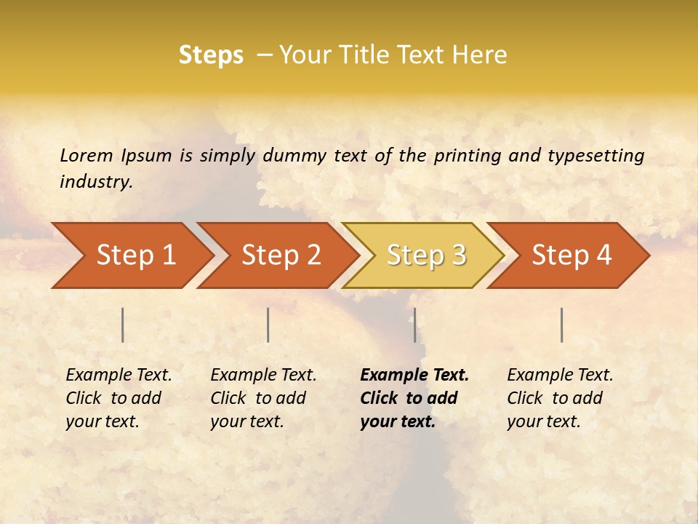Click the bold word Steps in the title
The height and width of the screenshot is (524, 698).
[211, 55]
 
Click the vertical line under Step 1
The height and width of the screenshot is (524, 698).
[123, 325]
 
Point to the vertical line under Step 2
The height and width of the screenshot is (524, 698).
[268, 325]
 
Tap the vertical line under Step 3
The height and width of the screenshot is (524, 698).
[414, 325]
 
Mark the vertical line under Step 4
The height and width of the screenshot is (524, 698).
[561, 325]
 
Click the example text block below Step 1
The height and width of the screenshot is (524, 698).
[119, 398]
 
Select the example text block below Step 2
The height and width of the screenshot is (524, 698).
[263, 398]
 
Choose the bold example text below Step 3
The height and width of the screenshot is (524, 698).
[414, 398]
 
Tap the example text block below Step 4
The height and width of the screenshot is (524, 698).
[560, 398]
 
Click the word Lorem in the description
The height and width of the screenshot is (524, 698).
[86, 156]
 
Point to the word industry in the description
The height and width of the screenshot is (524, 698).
[96, 182]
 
